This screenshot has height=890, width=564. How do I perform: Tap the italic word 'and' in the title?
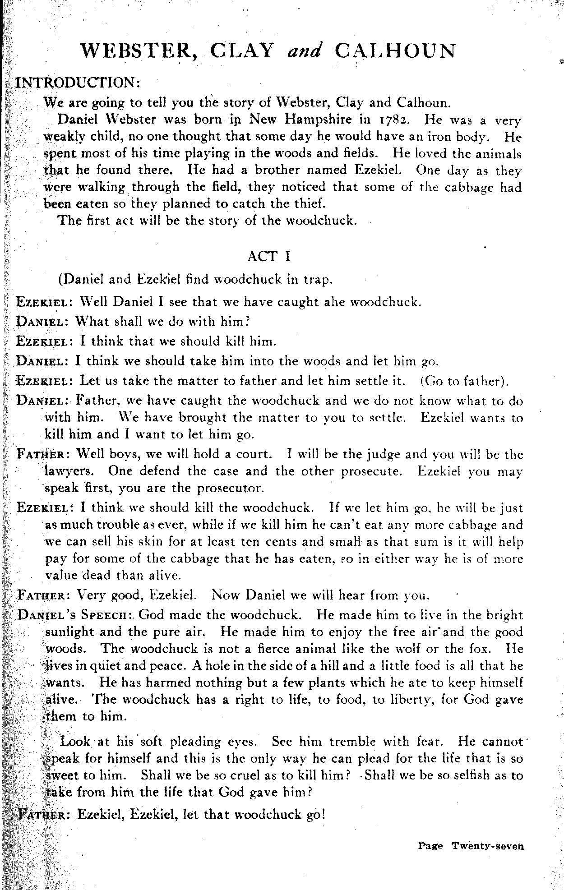coord(304,51)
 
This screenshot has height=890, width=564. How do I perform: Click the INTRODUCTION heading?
coord(79,83)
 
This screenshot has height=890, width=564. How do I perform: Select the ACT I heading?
coord(269,256)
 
